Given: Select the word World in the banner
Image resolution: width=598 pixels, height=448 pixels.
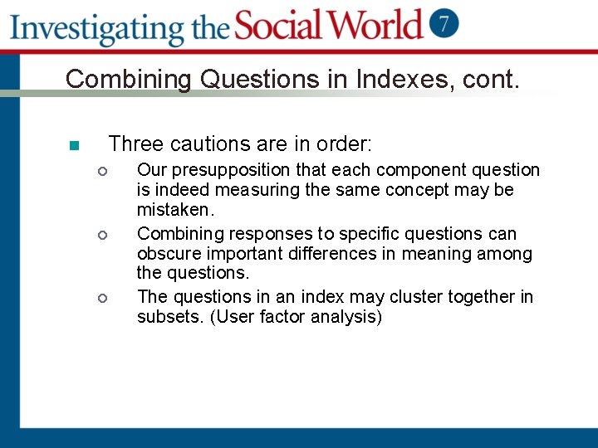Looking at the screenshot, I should tap(377, 25).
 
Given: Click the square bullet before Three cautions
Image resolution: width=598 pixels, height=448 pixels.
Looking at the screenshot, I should tap(73, 146).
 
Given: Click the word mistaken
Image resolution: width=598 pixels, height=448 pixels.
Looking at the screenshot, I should tap(175, 211).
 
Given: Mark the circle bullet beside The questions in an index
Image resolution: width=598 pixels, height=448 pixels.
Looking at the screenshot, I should tap(101, 298).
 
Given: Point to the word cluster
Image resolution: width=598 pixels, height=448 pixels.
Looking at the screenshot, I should tap(400, 296).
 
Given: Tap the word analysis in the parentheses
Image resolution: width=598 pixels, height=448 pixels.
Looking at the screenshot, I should tap(346, 318).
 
